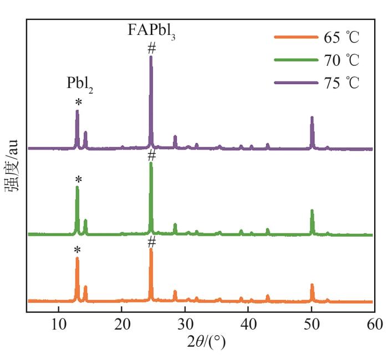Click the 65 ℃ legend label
point(340,38)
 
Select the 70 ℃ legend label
point(340,60)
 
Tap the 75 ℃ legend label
point(340,83)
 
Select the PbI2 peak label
point(80,84)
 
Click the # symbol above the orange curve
point(151,241)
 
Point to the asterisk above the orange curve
point(78,250)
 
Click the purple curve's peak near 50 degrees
point(312,119)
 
